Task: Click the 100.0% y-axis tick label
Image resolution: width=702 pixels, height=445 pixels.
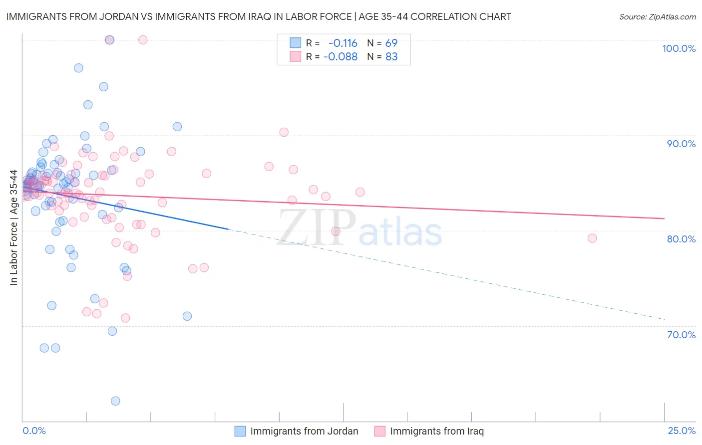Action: [679, 48]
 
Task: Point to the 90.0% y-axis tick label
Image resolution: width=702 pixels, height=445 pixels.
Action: [681, 144]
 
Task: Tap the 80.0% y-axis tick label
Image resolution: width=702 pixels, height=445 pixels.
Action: [681, 239]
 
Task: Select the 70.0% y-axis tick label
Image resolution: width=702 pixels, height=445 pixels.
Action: [681, 335]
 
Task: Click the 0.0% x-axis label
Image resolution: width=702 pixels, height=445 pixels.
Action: [34, 431]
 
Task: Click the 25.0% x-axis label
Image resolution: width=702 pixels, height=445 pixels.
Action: [682, 431]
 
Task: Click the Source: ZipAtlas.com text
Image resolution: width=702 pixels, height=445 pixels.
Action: [657, 16]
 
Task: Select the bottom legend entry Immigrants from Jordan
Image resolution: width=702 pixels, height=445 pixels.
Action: [304, 431]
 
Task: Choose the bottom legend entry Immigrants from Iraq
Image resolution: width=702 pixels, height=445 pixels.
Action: [437, 431]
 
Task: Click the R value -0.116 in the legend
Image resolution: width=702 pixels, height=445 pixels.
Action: [343, 43]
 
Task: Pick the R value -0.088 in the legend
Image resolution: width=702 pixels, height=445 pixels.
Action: [341, 56]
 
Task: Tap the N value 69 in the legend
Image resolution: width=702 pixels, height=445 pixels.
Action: [391, 43]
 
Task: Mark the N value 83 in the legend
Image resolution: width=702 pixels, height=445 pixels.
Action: [391, 56]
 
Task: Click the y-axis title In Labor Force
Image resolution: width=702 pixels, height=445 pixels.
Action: [13, 227]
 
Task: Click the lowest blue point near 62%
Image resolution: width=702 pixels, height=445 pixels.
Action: [115, 401]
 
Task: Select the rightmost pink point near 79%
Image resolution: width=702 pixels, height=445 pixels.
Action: [592, 238]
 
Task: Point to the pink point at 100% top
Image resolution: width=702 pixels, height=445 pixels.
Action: [143, 40]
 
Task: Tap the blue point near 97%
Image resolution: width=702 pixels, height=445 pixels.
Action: [78, 68]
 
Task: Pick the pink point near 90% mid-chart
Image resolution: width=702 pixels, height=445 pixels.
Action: [284, 132]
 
